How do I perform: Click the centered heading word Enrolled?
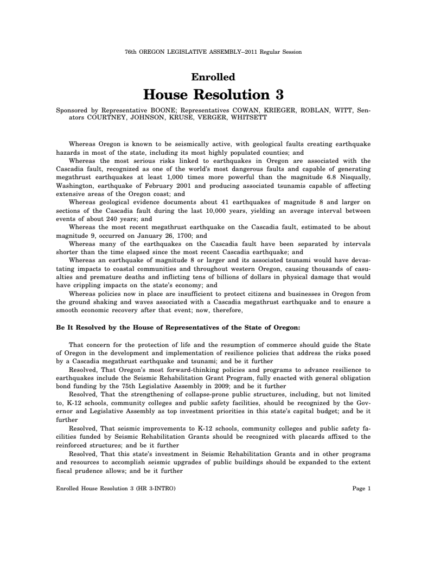[x=216, y=77]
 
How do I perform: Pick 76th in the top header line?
[x=131, y=52]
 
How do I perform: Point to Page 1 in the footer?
[x=361, y=488]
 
